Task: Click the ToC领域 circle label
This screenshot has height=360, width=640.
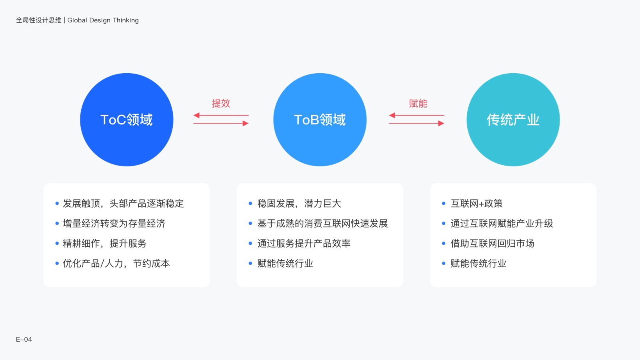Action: (126, 120)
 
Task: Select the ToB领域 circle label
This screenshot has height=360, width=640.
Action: (320, 120)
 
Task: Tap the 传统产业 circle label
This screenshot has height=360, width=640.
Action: (513, 120)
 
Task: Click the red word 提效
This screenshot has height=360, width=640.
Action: (221, 104)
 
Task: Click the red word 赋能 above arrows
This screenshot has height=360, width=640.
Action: (418, 104)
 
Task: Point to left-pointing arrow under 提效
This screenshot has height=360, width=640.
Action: (221, 116)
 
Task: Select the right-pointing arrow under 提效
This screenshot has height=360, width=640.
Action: (221, 123)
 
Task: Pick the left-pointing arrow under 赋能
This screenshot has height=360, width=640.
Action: (416, 116)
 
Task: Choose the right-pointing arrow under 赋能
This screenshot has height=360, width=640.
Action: (416, 123)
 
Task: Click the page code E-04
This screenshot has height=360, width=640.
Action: (24, 339)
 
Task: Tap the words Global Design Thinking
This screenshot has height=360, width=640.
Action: (103, 20)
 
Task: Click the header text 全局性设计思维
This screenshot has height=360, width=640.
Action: (39, 20)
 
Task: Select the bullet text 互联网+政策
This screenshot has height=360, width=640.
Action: (476, 204)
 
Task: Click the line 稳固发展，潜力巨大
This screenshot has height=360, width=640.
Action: (299, 204)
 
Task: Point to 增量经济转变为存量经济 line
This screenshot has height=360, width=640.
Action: (114, 224)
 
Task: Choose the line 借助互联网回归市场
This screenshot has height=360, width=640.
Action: (492, 244)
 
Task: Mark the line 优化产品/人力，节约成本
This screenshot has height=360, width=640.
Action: (116, 264)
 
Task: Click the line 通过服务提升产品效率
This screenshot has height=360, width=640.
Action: (304, 244)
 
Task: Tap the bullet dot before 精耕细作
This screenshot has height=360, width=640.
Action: (57, 244)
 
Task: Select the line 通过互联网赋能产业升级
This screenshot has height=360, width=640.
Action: (502, 224)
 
